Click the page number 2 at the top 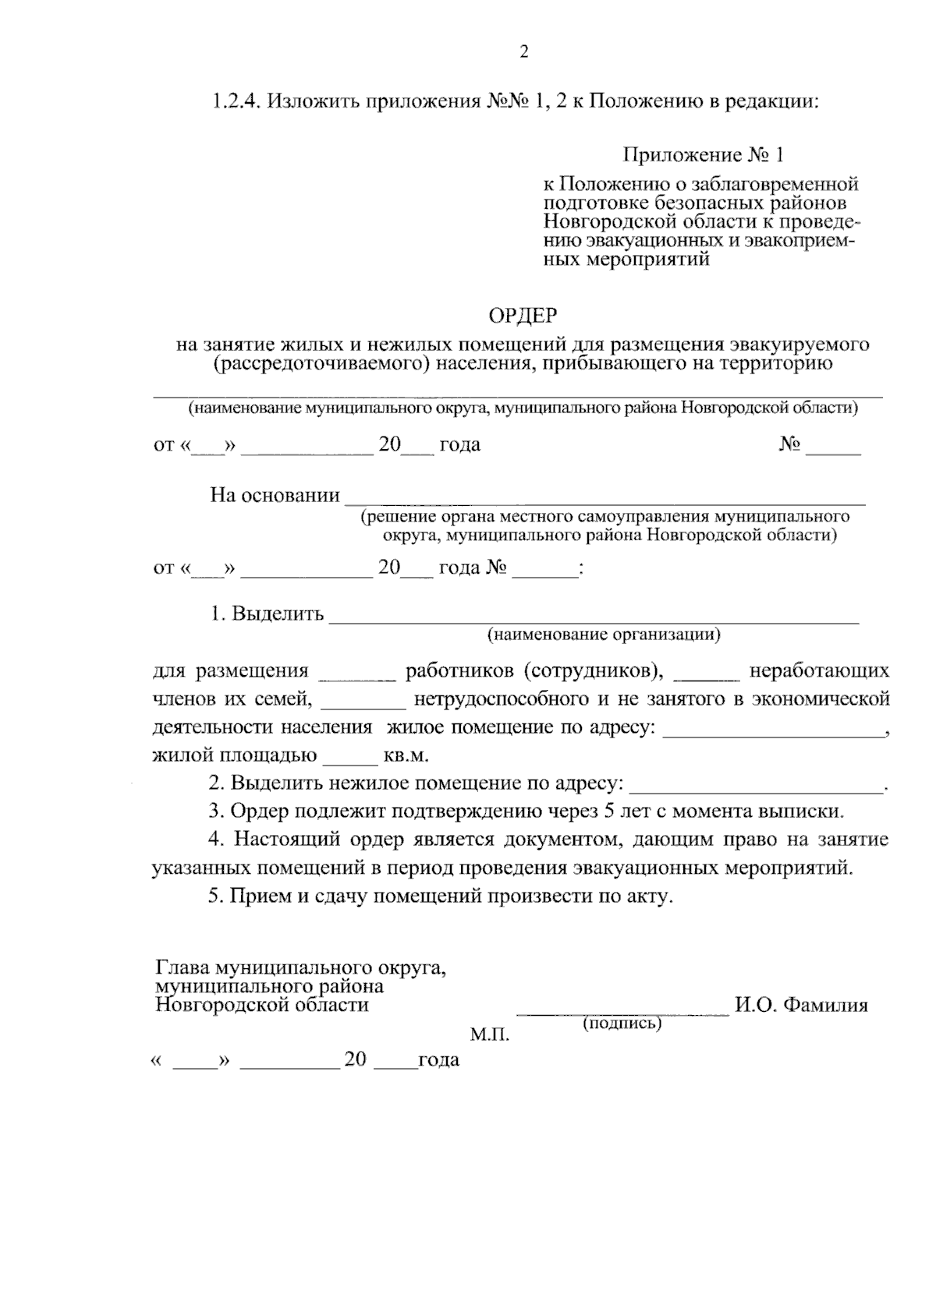pyautogui.click(x=523, y=52)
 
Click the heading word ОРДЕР pyautogui.click(x=523, y=316)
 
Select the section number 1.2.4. pyautogui.click(x=237, y=102)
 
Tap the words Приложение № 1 pyautogui.click(x=702, y=155)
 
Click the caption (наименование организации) pyautogui.click(x=604, y=635)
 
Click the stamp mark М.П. pyautogui.click(x=489, y=1035)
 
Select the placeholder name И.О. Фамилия pyautogui.click(x=801, y=1005)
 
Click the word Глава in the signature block pyautogui.click(x=183, y=969)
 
